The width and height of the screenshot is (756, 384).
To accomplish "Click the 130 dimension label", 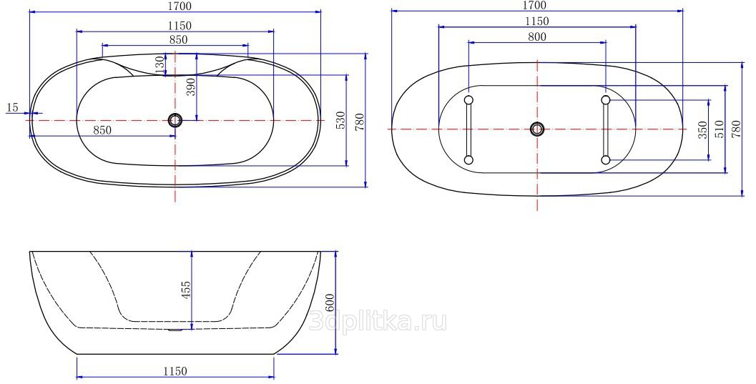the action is [160, 64].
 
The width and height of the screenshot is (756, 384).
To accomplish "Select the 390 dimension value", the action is [191, 87].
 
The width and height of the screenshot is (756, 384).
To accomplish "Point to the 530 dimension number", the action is [340, 120].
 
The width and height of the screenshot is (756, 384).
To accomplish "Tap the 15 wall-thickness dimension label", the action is [13, 107].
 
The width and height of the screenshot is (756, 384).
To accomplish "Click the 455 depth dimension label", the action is [186, 290].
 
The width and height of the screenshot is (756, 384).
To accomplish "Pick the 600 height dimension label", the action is [330, 302].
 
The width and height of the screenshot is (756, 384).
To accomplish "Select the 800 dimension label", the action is [536, 36].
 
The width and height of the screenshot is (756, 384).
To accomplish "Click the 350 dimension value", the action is [702, 129].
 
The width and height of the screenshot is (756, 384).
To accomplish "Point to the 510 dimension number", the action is [719, 129].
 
